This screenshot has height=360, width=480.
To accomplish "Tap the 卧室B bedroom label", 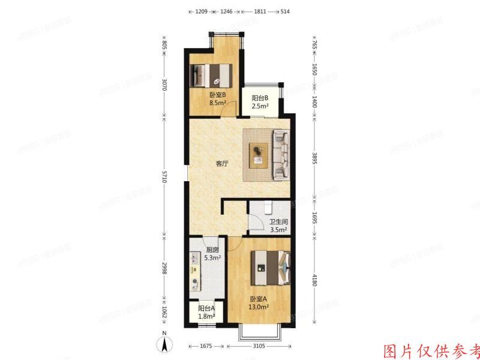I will click(x=217, y=95).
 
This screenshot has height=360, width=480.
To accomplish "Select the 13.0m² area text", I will click(x=259, y=308).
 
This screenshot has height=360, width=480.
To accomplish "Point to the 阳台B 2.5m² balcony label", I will click(x=259, y=101).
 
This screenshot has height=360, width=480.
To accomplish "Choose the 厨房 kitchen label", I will click(x=212, y=250).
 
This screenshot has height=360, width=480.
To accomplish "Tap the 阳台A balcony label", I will click(x=206, y=308).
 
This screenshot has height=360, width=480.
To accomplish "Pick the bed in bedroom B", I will click(x=211, y=76).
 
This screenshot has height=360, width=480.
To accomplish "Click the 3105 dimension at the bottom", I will click(x=260, y=346).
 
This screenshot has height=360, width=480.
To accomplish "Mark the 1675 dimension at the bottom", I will click(x=206, y=346).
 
